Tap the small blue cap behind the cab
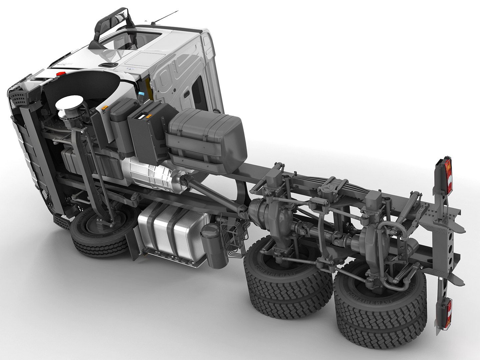click(x=142, y=94)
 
